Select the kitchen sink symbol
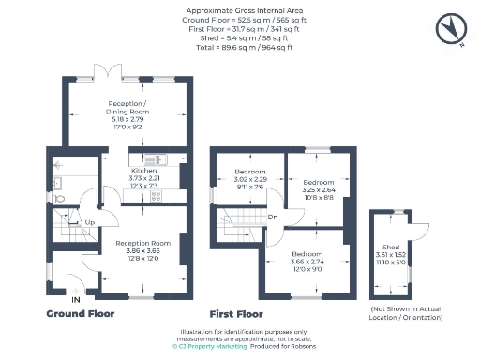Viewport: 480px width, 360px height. pyautogui.click(x=156, y=157)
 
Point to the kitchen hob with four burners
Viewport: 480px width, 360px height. pyautogui.click(x=156, y=196)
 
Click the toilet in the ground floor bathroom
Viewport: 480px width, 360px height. pyautogui.click(x=59, y=199)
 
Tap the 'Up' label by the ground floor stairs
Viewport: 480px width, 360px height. pyautogui.click(x=90, y=222)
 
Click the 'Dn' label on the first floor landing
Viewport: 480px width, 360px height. pyautogui.click(x=272, y=217)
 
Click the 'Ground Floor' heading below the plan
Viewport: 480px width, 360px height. pyautogui.click(x=82, y=314)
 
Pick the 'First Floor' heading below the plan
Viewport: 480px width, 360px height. pyautogui.click(x=236, y=314)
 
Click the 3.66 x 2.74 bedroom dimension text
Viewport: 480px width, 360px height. pyautogui.click(x=303, y=262)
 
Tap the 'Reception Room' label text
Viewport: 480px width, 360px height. pyautogui.click(x=138, y=243)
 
